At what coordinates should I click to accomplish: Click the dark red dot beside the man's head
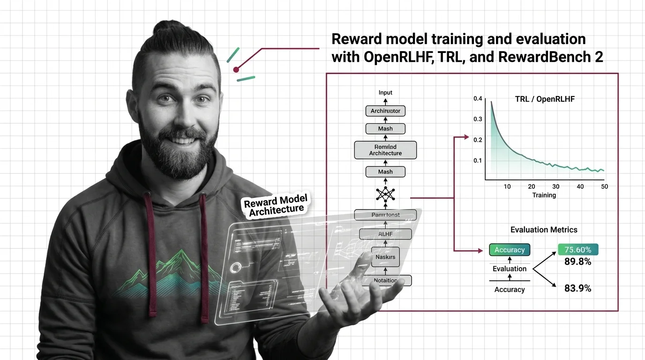point(236,70)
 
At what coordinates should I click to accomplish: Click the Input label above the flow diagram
point(385,92)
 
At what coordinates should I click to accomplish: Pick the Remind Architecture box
point(385,150)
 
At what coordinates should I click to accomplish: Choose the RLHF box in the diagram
point(385,234)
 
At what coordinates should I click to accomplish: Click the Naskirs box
point(385,257)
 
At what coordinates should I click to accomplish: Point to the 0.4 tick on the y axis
point(478,98)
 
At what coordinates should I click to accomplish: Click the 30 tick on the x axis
point(556,187)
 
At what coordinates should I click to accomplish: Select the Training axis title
point(544,195)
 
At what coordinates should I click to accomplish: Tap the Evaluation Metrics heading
point(544,230)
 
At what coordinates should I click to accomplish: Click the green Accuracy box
point(510,250)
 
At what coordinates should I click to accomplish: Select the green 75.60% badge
point(577,250)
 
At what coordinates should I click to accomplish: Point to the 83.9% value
point(577,289)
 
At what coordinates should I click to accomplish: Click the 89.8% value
point(577,262)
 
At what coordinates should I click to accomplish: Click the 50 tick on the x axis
point(604,187)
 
